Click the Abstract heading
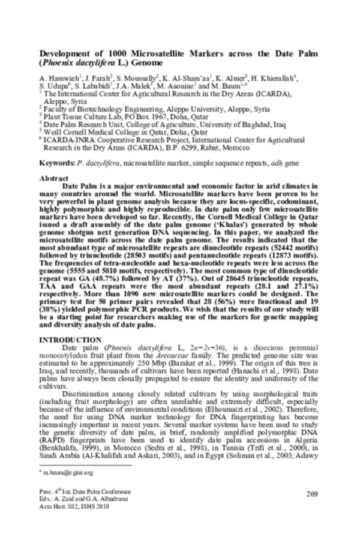pos(52,179)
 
